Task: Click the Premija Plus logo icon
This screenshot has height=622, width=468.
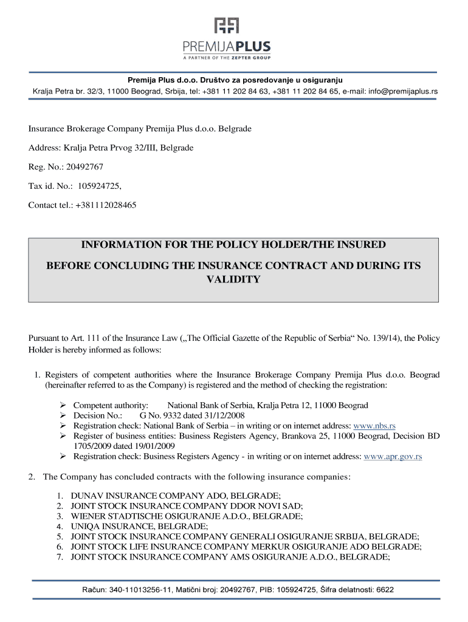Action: point(226,25)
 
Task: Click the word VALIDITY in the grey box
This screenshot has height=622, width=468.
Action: point(233,279)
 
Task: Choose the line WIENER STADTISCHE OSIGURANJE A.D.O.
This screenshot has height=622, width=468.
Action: point(187,516)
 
